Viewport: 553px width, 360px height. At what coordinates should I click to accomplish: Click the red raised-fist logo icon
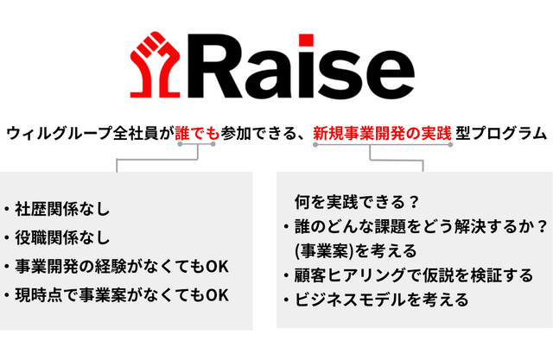[156, 66]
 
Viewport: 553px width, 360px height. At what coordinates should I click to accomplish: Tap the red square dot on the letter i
[306, 41]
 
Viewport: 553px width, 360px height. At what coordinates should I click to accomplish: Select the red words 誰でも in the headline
[197, 134]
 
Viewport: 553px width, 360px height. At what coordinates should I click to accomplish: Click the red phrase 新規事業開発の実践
[382, 134]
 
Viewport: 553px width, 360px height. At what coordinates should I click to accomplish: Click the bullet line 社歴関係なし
[62, 209]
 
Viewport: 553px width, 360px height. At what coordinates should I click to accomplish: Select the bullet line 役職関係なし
[62, 237]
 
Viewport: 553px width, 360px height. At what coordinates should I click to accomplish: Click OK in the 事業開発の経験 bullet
[217, 267]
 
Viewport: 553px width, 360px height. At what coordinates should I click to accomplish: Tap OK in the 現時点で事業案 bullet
[217, 295]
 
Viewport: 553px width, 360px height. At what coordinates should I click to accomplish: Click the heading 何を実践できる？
[357, 202]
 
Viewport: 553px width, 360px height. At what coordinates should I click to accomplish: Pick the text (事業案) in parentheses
[325, 251]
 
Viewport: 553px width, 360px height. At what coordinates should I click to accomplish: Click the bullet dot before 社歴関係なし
[7, 210]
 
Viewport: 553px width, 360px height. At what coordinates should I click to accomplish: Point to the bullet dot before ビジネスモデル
[287, 300]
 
